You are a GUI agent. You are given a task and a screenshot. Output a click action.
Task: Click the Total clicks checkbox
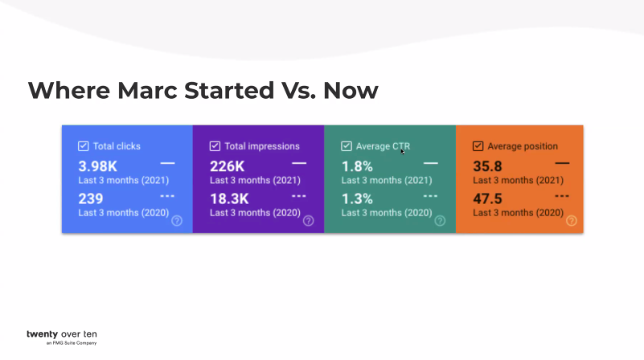point(83,146)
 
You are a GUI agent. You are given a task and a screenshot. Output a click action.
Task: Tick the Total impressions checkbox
point(215,146)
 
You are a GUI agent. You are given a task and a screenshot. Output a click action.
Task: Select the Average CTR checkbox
point(347,146)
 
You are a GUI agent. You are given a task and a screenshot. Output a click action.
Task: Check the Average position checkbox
point(478,146)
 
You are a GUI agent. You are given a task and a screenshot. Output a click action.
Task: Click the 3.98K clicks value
point(98,166)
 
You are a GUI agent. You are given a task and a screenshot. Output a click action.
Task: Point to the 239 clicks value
point(91,198)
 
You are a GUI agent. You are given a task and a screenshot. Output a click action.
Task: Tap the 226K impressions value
point(228,166)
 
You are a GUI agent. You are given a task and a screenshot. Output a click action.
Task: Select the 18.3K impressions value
point(229,198)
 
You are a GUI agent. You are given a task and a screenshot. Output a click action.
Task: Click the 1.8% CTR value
point(357,166)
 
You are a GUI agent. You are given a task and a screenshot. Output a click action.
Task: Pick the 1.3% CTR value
point(357,198)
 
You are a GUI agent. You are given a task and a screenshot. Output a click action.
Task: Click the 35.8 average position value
point(487,166)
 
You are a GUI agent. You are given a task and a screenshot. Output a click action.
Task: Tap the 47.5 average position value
point(487,198)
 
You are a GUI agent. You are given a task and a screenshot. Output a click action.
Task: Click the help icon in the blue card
point(177,221)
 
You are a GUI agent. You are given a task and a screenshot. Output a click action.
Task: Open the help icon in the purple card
point(308,221)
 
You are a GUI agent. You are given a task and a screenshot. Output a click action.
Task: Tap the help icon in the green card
point(440,221)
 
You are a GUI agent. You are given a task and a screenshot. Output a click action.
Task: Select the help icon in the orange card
point(571,221)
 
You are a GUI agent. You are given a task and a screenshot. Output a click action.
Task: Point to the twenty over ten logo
point(62,335)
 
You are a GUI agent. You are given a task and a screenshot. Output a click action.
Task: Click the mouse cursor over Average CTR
point(403,151)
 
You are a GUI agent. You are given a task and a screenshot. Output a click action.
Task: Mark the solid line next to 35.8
point(562,163)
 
